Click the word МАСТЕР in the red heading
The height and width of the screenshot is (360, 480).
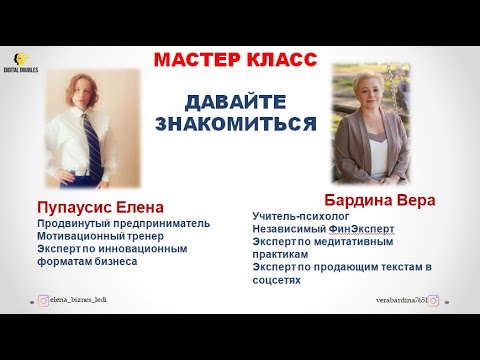[x=197, y=61]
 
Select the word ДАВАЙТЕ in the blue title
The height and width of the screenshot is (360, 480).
[x=236, y=104]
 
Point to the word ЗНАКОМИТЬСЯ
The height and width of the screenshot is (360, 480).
[x=236, y=125]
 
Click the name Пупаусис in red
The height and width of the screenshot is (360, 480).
[x=79, y=208]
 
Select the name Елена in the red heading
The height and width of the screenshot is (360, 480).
[x=150, y=208]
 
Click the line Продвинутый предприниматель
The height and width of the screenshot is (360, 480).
[x=123, y=223]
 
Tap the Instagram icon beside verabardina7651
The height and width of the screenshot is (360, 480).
[x=435, y=299]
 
